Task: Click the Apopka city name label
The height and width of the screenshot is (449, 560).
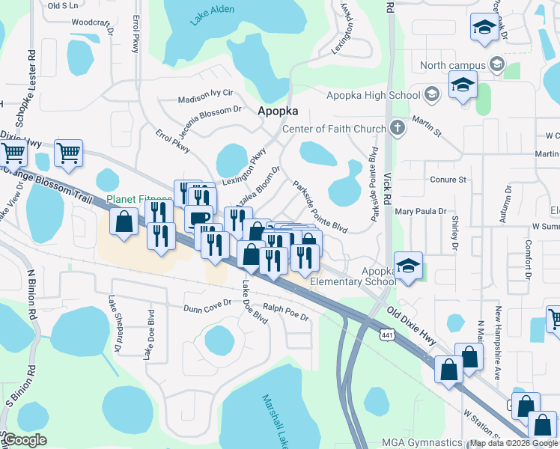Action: [x=278, y=111]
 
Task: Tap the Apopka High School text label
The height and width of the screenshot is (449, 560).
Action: [x=373, y=95]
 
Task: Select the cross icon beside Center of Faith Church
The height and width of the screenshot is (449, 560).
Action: [x=397, y=129]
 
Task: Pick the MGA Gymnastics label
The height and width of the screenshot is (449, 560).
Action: [x=421, y=442]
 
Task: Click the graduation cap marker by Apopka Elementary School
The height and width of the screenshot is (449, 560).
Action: [x=408, y=266]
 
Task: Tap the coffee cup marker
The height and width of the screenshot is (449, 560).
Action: [x=198, y=218]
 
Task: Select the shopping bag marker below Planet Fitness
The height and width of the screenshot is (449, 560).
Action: [x=123, y=222]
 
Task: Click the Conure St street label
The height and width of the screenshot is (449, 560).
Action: [x=448, y=180]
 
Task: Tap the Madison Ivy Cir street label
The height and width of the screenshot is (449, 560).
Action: [x=206, y=98]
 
